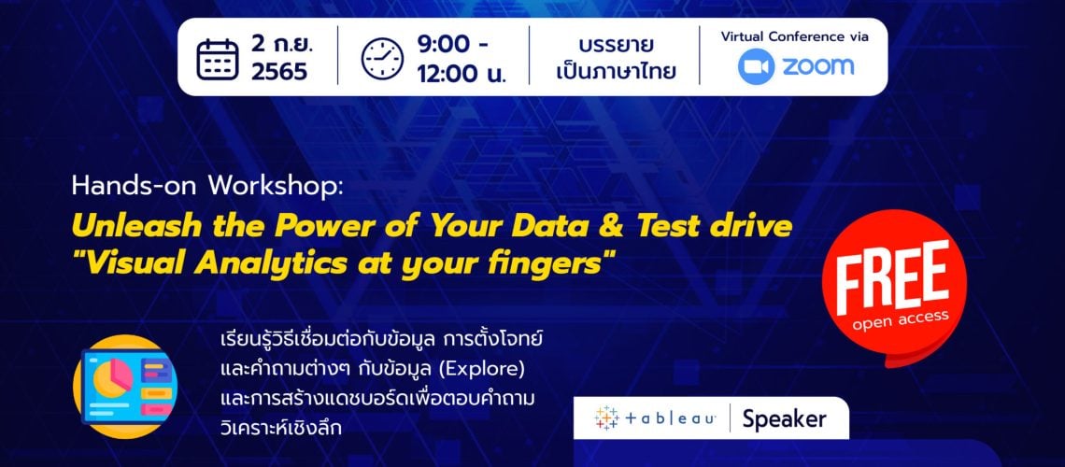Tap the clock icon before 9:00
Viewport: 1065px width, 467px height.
[x=383, y=58]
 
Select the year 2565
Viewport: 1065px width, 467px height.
[x=279, y=73]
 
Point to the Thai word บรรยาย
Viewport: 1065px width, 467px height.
[x=614, y=44]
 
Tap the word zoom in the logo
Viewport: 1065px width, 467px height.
[x=818, y=66]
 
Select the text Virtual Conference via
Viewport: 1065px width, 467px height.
[x=794, y=37]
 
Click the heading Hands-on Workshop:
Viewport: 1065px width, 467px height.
[x=207, y=185]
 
